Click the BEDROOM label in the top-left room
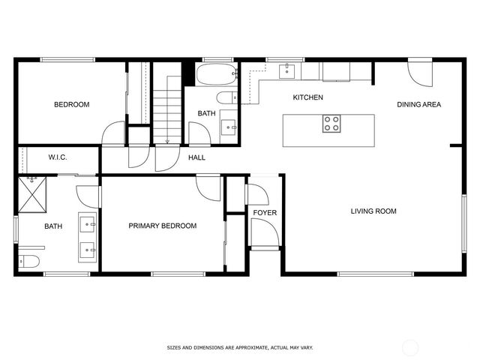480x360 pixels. [71, 104]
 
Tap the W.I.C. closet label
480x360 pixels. [58, 157]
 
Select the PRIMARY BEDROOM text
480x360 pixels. [162, 226]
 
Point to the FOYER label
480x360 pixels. [264, 213]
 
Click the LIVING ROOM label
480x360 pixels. [373, 211]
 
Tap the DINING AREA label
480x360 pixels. [418, 104]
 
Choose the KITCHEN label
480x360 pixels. [307, 97]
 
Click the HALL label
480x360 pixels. [196, 157]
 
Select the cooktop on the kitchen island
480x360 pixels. [331, 124]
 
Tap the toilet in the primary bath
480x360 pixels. [28, 261]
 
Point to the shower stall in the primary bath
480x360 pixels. [33, 193]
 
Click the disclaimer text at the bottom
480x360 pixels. [239, 348]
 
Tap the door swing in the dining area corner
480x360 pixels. [418, 73]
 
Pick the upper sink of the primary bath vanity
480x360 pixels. [87, 223]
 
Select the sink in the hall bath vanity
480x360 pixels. [230, 127]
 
